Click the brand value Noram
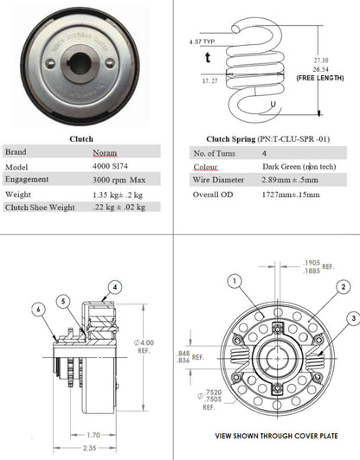pyautogui.click(x=105, y=151)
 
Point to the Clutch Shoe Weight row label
pyautogui.click(x=39, y=208)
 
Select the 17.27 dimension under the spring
pyautogui.click(x=209, y=80)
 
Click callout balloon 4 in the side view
pyautogui.click(x=114, y=286)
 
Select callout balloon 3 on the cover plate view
pyautogui.click(x=354, y=318)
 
